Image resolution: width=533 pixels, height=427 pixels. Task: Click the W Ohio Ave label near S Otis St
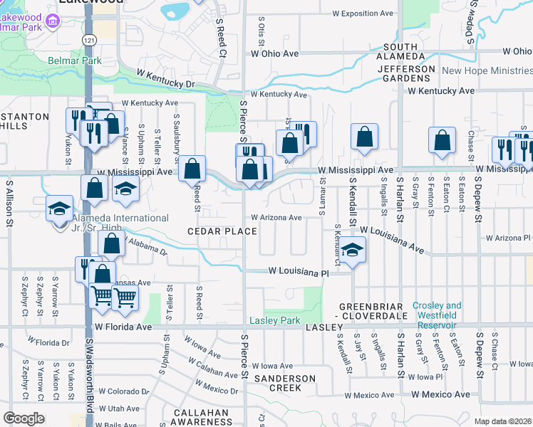coord(274,53)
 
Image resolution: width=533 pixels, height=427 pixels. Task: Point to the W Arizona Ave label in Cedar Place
coord(276,218)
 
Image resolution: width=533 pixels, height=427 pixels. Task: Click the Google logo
coord(24,418)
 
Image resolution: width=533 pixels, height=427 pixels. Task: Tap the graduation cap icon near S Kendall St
coord(352,249)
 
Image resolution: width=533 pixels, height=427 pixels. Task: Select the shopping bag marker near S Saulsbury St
coord(192,169)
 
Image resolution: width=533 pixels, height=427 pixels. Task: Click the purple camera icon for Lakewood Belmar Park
coord(52,21)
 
